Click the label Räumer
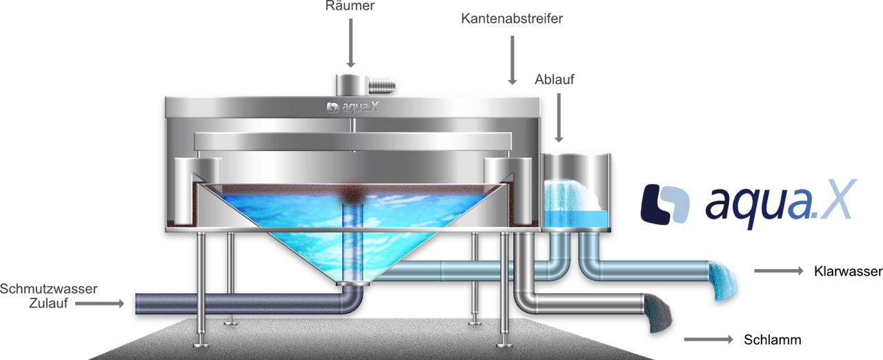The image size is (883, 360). pyautogui.click(x=350, y=6)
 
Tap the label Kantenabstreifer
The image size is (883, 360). pyautogui.click(x=512, y=19)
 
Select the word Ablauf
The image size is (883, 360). pyautogui.click(x=554, y=79)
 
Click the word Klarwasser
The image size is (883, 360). pyautogui.click(x=848, y=271)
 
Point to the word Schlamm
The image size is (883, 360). pyautogui.click(x=772, y=339)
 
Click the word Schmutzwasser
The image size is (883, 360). pyautogui.click(x=48, y=289)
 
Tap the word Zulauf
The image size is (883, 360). pyautogui.click(x=48, y=303)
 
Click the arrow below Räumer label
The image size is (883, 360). pyautogui.click(x=350, y=43)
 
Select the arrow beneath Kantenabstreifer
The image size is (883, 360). pyautogui.click(x=512, y=60)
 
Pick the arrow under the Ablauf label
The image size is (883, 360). pyautogui.click(x=559, y=117)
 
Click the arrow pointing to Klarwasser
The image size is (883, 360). pyautogui.click(x=779, y=270)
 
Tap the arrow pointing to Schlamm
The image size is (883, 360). pyautogui.click(x=708, y=339)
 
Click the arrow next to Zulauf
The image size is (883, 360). pyautogui.click(x=99, y=303)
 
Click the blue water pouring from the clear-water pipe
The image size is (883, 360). pyautogui.click(x=723, y=281)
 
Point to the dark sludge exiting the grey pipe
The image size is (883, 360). pyautogui.click(x=658, y=313)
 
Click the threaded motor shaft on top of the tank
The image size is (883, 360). pyautogui.click(x=381, y=86)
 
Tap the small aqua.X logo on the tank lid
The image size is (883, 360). pyautogui.click(x=352, y=107)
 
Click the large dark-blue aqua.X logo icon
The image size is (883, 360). pyautogui.click(x=665, y=204)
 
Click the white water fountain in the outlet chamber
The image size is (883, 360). pyautogui.click(x=573, y=195)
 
